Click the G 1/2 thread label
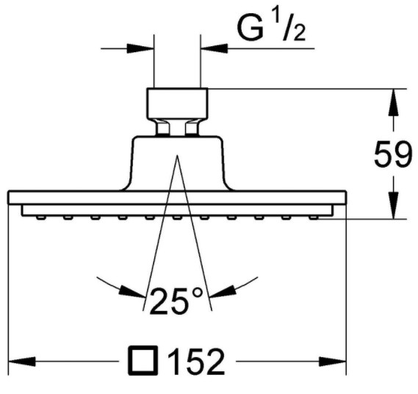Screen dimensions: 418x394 coord(271,29)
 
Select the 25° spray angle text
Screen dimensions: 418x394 coord(176,301)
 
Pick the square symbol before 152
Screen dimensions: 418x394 coord(143,360)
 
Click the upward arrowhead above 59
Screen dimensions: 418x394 coord(394,102)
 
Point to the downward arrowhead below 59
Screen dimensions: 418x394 coord(394,205)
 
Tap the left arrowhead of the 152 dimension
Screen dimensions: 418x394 coord(22,362)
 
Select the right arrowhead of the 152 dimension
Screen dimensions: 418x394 coord(333,362)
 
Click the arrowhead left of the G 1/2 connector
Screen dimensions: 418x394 coord(140,49)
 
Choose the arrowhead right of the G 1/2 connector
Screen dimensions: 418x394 coord(214,49)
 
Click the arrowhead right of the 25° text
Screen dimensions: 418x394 coord(223,292)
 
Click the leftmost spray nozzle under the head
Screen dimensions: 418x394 coord(40,218)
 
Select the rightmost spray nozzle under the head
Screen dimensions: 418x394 coord(314,218)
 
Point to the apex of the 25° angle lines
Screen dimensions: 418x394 coord(177,155)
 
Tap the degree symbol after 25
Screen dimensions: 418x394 coord(198,293)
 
